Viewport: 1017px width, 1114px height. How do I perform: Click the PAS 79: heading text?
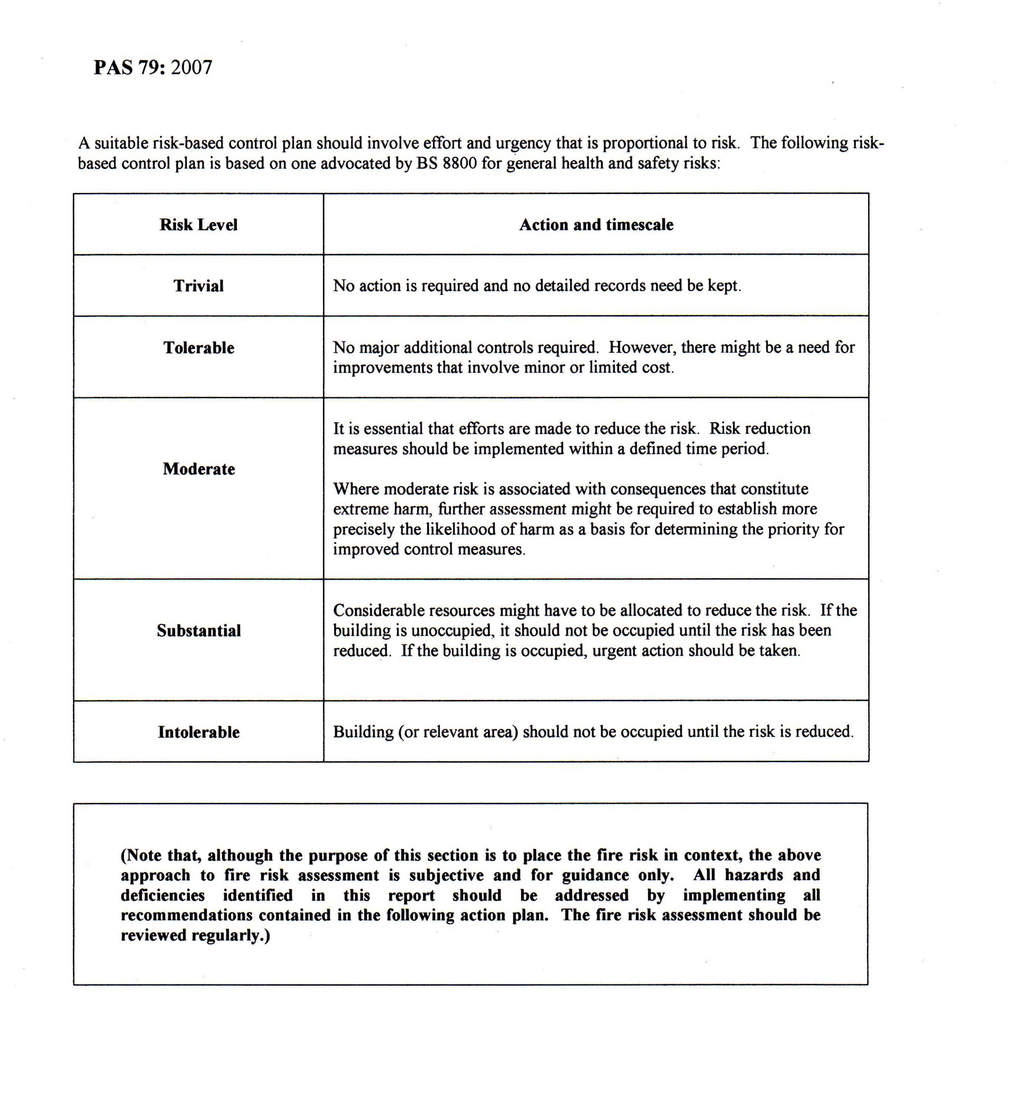[x=130, y=68]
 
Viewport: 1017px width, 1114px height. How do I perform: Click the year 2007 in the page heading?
[x=192, y=68]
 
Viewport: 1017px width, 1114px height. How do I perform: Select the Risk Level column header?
[x=198, y=225]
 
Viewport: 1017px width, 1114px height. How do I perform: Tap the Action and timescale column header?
[x=596, y=225]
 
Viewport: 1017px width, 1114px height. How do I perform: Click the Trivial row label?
[x=198, y=286]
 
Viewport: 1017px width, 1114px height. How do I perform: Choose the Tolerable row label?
[x=198, y=348]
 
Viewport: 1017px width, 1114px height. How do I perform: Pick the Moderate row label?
[x=198, y=469]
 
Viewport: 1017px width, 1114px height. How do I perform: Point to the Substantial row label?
[x=198, y=631]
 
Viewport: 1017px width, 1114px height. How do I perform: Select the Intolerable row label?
[x=198, y=733]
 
